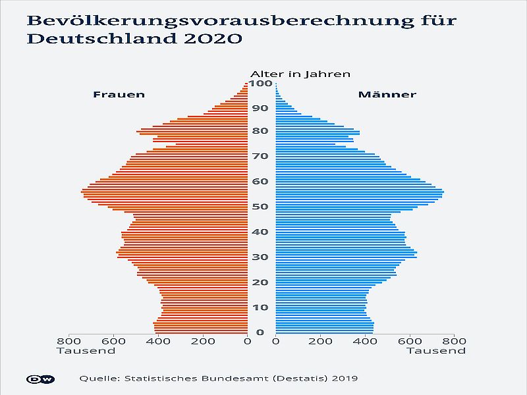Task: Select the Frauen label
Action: pos(119,95)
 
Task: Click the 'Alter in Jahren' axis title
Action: pos(300,74)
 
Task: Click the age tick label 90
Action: pos(262,108)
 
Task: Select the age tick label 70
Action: pos(262,156)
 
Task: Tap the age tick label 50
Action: pos(262,207)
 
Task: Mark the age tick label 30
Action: pos(262,257)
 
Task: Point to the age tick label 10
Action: pos(262,307)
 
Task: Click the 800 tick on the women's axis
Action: pos(69,341)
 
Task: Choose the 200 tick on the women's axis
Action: pos(203,341)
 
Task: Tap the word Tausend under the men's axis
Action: pos(436,351)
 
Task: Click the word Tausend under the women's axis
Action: pos(86,351)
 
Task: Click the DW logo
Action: pos(40,379)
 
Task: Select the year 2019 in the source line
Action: pos(344,379)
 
